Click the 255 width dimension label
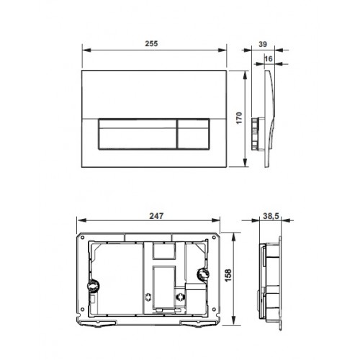[x=151, y=44]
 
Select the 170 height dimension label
[x=239, y=118]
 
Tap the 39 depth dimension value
[x=263, y=44]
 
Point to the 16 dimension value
[x=269, y=58]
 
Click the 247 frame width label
[x=156, y=216]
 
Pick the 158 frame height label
[x=228, y=275]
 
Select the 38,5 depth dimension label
[x=271, y=216]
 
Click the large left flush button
[x=138, y=134]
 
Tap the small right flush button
[x=194, y=134]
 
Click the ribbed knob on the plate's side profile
[x=255, y=133]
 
